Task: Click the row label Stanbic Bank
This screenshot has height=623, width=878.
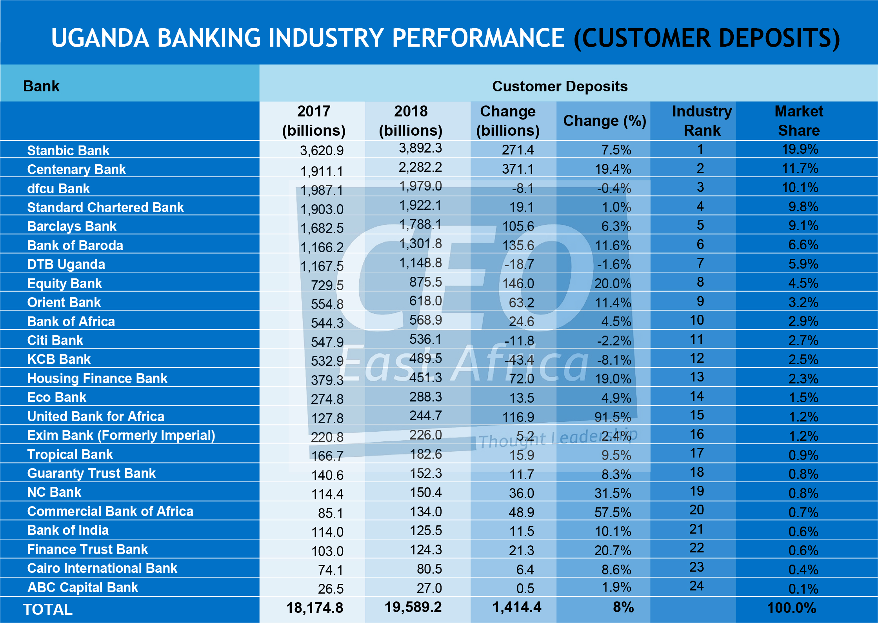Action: pyautogui.click(x=68, y=151)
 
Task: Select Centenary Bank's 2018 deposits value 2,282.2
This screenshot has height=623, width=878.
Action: pyautogui.click(x=420, y=167)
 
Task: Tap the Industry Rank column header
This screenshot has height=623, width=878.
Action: pyautogui.click(x=702, y=121)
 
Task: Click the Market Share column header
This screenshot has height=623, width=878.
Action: pyautogui.click(x=799, y=121)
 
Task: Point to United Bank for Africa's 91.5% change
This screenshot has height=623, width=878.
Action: pyautogui.click(x=613, y=417)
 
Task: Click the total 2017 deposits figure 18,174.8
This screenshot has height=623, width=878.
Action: pyautogui.click(x=314, y=608)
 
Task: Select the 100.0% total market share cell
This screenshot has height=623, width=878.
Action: pyautogui.click(x=791, y=608)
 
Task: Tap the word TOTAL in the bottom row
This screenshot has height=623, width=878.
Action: pyautogui.click(x=48, y=609)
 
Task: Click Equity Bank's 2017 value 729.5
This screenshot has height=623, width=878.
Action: pyautogui.click(x=327, y=285)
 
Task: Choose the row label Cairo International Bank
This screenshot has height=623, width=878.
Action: pyautogui.click(x=102, y=568)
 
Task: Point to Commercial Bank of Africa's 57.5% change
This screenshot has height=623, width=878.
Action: pyautogui.click(x=613, y=512)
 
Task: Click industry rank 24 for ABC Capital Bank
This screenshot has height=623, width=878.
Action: pyautogui.click(x=696, y=586)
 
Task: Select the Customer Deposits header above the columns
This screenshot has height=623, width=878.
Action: pyautogui.click(x=560, y=86)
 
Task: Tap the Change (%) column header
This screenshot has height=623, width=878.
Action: pyautogui.click(x=604, y=121)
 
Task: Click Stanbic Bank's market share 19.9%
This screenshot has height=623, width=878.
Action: pyautogui.click(x=800, y=149)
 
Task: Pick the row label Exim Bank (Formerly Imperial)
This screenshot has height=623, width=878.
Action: pyautogui.click(x=121, y=435)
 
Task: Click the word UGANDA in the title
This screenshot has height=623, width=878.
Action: pyautogui.click(x=100, y=38)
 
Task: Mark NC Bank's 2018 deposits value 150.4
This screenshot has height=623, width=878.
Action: pyautogui.click(x=425, y=492)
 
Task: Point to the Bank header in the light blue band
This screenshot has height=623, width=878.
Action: pyautogui.click(x=41, y=86)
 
